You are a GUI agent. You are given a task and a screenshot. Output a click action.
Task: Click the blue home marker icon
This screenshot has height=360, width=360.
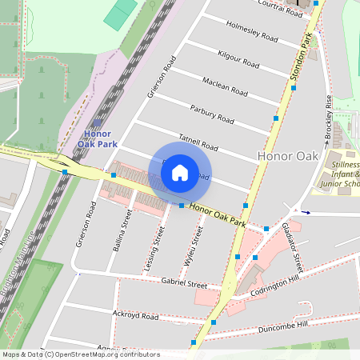pos(180,173)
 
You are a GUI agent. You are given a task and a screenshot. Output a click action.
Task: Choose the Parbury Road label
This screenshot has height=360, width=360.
pos(212,114)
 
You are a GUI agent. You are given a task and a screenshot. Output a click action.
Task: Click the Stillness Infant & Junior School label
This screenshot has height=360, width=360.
pos(346,174)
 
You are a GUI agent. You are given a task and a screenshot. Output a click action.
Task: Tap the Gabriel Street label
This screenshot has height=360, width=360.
pos(185,283)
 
